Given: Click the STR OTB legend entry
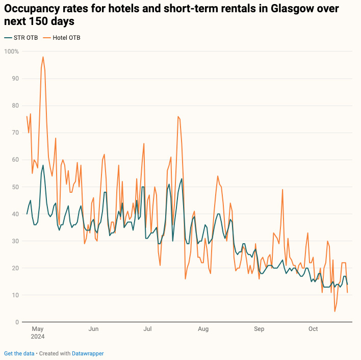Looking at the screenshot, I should [x=21, y=38].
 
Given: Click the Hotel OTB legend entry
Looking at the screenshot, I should [x=62, y=38].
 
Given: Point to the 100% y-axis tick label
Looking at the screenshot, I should [x=12, y=52].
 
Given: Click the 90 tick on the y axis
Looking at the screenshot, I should [x=16, y=79].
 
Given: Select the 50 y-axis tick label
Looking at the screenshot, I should [x=16, y=187].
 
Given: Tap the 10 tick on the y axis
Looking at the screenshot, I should [x=16, y=295].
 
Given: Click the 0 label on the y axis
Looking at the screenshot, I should [x=17, y=322].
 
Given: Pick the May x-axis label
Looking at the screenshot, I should [x=38, y=329].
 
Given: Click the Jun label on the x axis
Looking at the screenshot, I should [x=93, y=329].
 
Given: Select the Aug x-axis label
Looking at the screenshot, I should [x=203, y=329].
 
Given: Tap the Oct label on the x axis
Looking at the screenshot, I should [x=313, y=329].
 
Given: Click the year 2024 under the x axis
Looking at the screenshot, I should [x=38, y=337].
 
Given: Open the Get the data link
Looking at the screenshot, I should [x=19, y=353].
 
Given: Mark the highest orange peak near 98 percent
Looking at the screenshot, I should [x=43, y=57].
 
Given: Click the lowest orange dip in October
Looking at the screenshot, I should [x=335, y=311].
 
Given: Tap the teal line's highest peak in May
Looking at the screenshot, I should [x=43, y=165].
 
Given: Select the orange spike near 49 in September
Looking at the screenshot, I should [x=282, y=190].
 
